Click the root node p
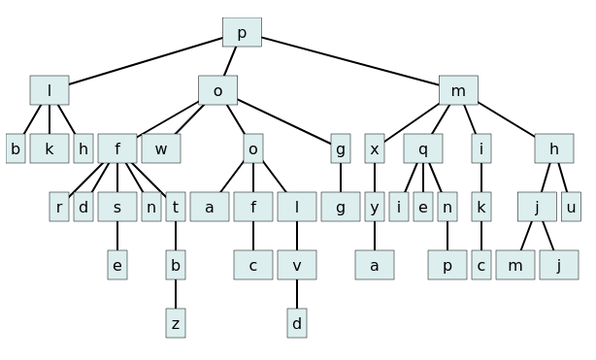point(242,33)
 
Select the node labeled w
point(161,149)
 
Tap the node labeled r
point(59,208)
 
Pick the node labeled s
point(117,208)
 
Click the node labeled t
point(176,208)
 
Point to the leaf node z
point(176,324)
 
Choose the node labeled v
point(297,266)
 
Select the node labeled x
point(375,149)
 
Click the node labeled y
point(375,208)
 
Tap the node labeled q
point(423,149)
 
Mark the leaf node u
point(571,208)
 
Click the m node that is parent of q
point(458,91)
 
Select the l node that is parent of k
point(50,91)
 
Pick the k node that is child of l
point(50,149)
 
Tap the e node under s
point(117,266)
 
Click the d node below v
point(297,324)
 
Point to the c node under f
point(253,266)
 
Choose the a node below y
point(375,266)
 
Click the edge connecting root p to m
point(349,62)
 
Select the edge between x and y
point(375,179)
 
